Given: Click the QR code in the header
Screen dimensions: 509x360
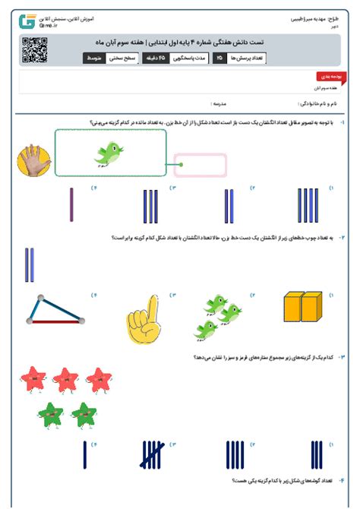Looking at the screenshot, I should (34, 49).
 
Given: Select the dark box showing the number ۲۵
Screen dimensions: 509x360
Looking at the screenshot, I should (219, 58).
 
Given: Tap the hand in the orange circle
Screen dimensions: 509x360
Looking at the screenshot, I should (34, 159).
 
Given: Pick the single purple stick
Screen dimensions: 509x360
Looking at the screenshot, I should (72, 205).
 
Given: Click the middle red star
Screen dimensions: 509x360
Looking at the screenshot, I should (67, 378).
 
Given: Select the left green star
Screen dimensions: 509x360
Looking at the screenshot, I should (51, 415).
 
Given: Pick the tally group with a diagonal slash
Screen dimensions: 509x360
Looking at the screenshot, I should (153, 456).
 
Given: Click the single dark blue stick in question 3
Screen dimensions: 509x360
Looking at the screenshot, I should (83, 456).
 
